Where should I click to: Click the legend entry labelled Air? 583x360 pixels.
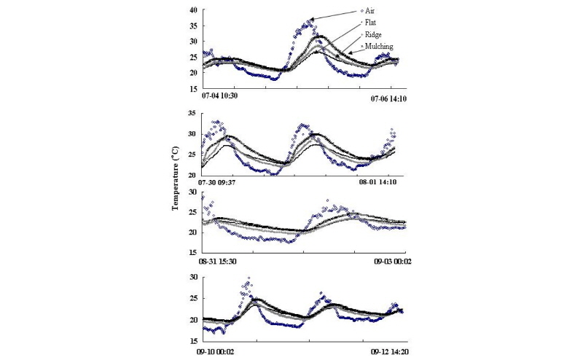click(x=372, y=11)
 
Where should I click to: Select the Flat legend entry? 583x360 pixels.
click(x=372, y=23)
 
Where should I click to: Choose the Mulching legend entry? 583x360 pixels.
click(x=379, y=46)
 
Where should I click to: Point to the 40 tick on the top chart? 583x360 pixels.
click(x=193, y=10)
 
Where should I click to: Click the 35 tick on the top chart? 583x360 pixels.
click(x=193, y=26)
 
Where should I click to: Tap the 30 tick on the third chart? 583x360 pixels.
click(x=193, y=192)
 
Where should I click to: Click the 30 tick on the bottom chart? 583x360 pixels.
click(x=193, y=278)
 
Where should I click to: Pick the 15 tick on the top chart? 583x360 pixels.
click(x=193, y=88)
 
